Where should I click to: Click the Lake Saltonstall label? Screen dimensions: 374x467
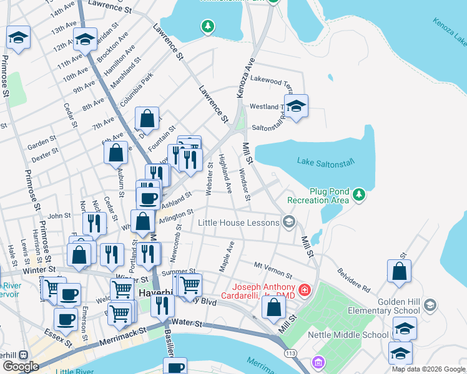(x=325, y=162)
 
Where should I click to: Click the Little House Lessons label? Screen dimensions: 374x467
(x=239, y=223)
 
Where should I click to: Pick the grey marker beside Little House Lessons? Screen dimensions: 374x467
(x=288, y=221)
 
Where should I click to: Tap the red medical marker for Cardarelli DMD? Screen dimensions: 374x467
(x=304, y=290)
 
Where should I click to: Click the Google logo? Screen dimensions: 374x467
(x=21, y=366)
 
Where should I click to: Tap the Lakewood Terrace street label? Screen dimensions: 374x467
(x=271, y=80)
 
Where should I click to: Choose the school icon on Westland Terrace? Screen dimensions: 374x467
(x=297, y=105)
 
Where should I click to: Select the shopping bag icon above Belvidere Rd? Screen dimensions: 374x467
(x=399, y=271)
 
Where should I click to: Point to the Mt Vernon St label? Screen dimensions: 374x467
(x=272, y=270)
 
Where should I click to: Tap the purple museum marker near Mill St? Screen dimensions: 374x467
(x=318, y=362)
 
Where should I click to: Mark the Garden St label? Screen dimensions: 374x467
(x=42, y=141)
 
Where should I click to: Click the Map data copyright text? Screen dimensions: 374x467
(x=429, y=369)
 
